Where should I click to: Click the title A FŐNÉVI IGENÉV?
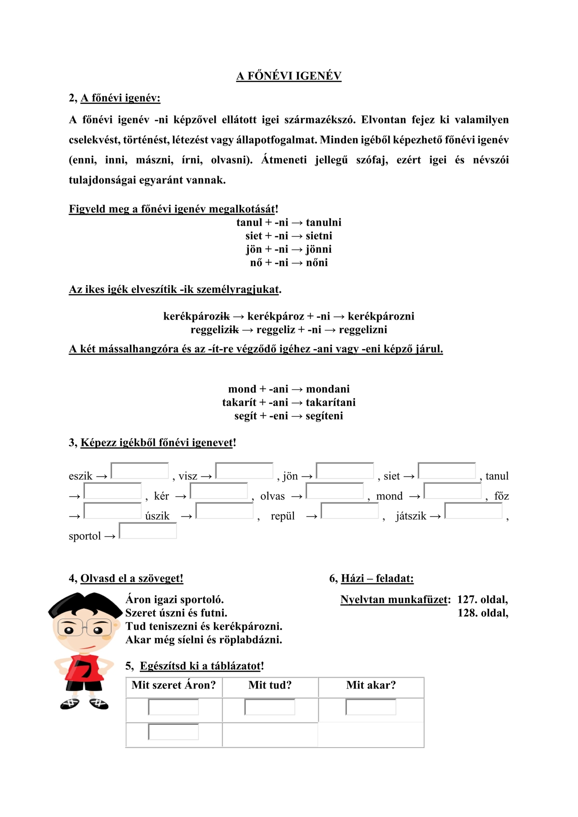(x=289, y=76)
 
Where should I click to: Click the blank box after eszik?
(x=139, y=471)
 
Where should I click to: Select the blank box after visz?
(x=244, y=471)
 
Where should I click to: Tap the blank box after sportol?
(x=148, y=531)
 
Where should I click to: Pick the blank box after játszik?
(x=473, y=511)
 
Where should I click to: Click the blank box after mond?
(x=452, y=491)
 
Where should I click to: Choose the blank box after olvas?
(x=335, y=491)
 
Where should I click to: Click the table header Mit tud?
(x=270, y=685)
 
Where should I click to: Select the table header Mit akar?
(x=371, y=685)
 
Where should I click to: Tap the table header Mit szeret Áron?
(x=173, y=685)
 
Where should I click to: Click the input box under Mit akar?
(x=371, y=707)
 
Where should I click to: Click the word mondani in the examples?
(x=328, y=389)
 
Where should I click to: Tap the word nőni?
(x=317, y=263)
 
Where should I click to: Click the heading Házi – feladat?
(x=377, y=578)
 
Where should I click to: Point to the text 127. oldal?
(x=482, y=600)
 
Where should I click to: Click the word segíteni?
(x=324, y=416)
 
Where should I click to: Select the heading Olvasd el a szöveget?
(x=132, y=578)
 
